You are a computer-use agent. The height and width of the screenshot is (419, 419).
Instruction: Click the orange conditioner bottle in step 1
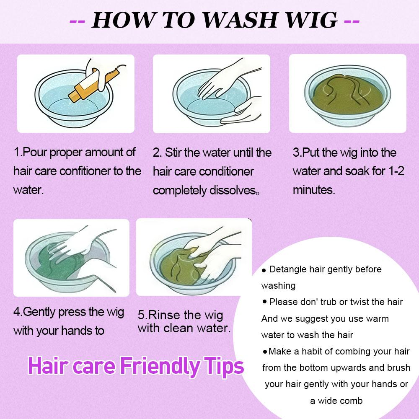tap(92, 83)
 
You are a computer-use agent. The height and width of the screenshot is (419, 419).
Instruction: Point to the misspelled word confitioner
tap(85, 171)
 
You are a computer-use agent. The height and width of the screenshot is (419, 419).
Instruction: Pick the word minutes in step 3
tap(314, 190)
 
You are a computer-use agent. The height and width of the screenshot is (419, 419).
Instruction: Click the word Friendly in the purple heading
tap(159, 366)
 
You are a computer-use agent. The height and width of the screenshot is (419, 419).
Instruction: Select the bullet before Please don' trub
tap(264, 302)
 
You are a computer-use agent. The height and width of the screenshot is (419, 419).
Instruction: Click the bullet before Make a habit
tap(265, 352)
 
